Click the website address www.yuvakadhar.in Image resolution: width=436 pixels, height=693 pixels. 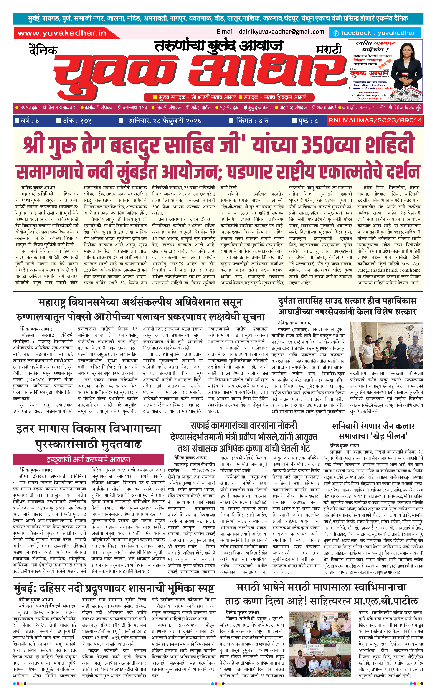[x=62, y=33]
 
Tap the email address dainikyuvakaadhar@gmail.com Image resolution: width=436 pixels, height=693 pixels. [x=281, y=32]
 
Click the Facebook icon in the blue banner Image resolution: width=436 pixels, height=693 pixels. [x=336, y=33]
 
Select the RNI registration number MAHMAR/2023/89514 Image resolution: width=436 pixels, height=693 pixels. [x=375, y=120]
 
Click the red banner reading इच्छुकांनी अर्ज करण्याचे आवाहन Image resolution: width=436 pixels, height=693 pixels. [x=88, y=459]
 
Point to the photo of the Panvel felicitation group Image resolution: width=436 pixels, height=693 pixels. [x=386, y=345]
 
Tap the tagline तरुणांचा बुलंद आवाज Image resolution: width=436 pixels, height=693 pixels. [x=219, y=46]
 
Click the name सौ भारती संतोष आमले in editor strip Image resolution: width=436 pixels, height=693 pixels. [x=214, y=97]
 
